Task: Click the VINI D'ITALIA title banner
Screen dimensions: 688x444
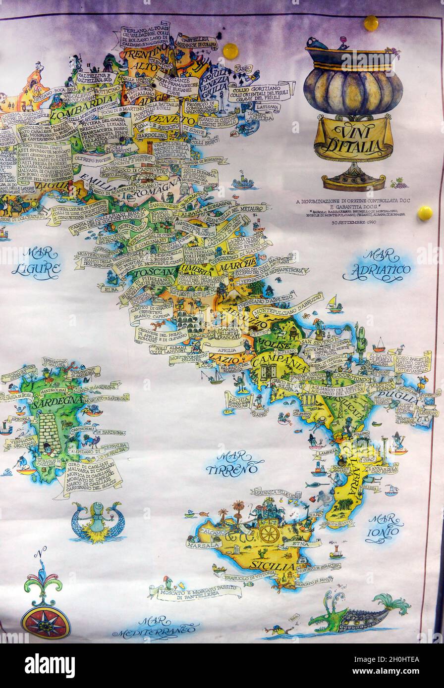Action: pyautogui.click(x=353, y=138)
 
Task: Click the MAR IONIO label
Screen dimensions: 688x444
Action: pyautogui.click(x=385, y=528)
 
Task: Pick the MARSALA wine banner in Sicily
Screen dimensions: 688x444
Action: pyautogui.click(x=204, y=544)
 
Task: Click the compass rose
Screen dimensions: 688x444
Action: pyautogui.click(x=46, y=622)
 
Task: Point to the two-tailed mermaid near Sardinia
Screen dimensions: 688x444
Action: pyautogui.click(x=97, y=522)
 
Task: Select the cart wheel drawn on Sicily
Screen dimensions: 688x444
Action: pyautogui.click(x=269, y=534)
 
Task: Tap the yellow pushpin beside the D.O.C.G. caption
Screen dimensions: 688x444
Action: pyautogui.click(x=425, y=213)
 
